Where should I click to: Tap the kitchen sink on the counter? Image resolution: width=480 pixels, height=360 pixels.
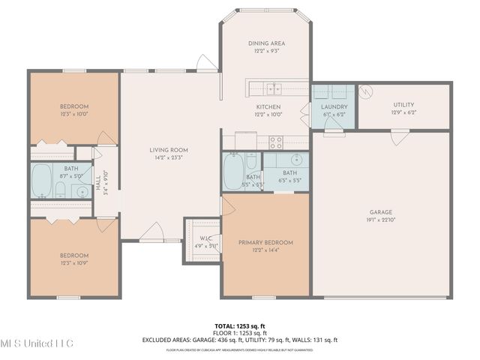275,88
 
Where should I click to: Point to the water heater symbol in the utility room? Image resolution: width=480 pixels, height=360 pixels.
366,92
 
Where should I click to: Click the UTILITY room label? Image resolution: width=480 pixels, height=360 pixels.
403,105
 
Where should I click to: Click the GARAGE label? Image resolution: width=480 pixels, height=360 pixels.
381,212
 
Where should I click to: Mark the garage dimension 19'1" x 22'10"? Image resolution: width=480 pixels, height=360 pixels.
381,220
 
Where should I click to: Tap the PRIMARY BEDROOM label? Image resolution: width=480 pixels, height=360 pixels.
265,242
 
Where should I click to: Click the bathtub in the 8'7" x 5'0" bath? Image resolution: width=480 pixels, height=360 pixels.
42,181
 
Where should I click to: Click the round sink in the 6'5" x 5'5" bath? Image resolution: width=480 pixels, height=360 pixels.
295,160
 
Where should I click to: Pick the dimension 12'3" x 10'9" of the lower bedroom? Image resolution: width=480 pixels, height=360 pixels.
74,262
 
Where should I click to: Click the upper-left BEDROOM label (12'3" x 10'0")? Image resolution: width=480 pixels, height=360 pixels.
74,106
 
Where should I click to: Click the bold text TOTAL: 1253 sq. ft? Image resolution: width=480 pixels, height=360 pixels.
239,326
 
